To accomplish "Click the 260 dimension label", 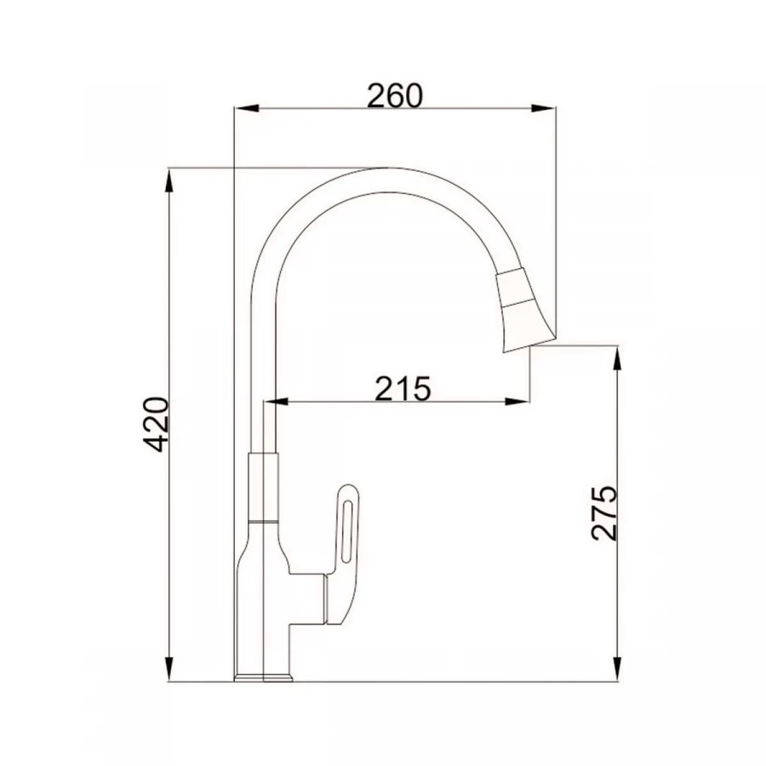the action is coord(395,95).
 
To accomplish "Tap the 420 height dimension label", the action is coord(156,424).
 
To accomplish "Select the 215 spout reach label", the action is coord(403,388).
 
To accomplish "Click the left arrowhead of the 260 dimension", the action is coord(246,108).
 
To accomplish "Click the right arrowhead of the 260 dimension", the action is coord(544,108).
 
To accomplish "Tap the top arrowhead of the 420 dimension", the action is coord(169,180).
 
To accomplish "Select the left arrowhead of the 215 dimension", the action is coord(275,402).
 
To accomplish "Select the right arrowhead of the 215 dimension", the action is coord(517,402).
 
